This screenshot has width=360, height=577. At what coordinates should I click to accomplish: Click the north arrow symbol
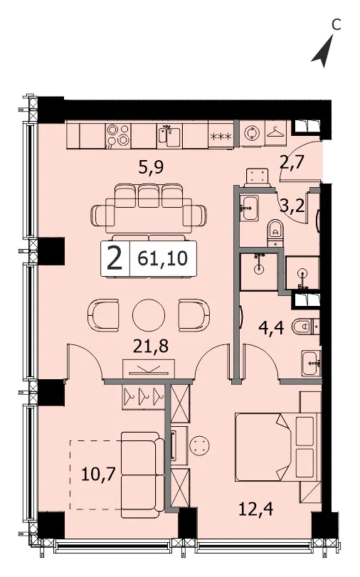tap(324, 53)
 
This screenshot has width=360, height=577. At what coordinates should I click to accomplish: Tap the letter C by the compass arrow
tap(336, 25)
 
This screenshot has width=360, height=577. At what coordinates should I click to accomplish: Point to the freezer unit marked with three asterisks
tap(221, 137)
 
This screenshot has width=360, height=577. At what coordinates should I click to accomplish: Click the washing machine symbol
tap(251, 133)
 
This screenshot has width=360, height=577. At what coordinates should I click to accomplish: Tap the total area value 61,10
tap(162, 259)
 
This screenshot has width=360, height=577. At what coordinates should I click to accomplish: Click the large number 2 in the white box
tap(115, 258)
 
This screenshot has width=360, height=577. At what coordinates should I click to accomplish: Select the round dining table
tap(149, 315)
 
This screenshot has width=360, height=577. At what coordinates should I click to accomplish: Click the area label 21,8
tap(151, 346)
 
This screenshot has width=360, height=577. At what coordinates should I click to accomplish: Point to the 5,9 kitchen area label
tap(151, 168)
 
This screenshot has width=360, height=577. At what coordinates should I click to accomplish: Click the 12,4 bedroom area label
tap(255, 509)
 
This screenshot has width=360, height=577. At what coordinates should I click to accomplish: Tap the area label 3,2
tap(292, 206)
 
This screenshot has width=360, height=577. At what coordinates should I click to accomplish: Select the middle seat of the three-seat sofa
tap(149, 196)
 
